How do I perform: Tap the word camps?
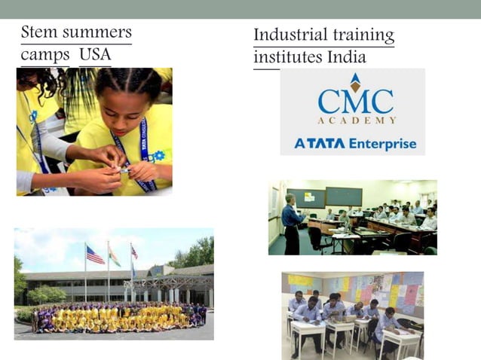coord(44,56)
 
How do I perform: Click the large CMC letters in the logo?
coord(355,102)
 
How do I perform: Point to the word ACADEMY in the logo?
coord(356,121)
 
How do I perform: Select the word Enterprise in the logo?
coord(381,143)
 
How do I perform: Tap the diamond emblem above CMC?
coord(355,81)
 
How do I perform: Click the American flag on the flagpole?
coord(95,256)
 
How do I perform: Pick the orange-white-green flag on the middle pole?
coord(114,257)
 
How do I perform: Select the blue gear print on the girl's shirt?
coord(157,156)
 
